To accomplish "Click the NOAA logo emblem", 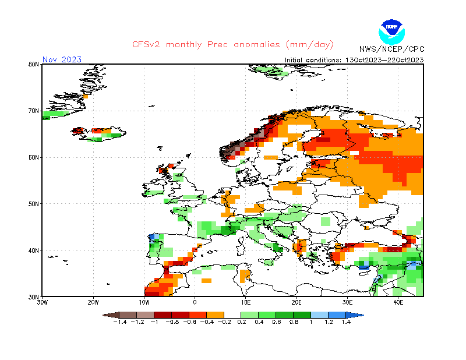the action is coord(391,32).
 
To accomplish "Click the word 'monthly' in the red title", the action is coord(183,45).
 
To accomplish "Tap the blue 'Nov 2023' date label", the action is coord(62,59).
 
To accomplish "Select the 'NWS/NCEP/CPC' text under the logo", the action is coord(391,49).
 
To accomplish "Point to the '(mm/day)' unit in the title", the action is coord(310,45).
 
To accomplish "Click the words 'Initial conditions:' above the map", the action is coord(313,60).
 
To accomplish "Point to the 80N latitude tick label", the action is coord(34,64).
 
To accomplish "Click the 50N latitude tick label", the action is coord(34,204).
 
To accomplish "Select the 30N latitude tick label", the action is coord(34,297).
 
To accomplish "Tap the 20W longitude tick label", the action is coord(93,302).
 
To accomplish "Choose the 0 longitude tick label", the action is coord(195,302).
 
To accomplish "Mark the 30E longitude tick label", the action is coord(347,302).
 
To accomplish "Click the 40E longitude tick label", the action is coord(398,302).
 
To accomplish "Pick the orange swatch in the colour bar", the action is coord(215,315).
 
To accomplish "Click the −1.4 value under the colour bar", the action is coord(120,322).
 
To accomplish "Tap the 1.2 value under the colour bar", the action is coord(329,322).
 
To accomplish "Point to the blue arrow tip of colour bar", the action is coord(363,315).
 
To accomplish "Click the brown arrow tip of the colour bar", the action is coord(103,315).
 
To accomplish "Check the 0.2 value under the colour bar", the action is coord(242,322).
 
